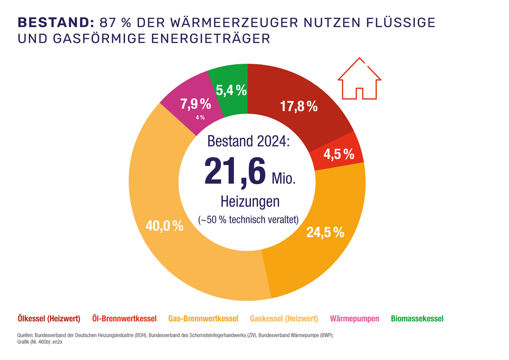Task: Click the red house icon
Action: [359, 79]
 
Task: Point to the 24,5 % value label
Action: [325, 232]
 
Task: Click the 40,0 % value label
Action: [165, 226]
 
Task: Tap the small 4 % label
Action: [200, 118]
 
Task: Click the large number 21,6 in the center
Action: [235, 172]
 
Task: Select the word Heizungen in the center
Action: [250, 201]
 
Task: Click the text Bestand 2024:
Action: [248, 141]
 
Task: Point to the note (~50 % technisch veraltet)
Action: [248, 220]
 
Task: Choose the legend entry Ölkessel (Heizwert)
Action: [49, 319]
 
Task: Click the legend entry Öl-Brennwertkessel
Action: [124, 319]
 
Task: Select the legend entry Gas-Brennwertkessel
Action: [203, 319]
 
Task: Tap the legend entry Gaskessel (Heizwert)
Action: [284, 319]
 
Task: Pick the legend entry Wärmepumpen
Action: [355, 319]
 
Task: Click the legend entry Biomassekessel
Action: [417, 319]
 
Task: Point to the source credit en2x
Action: [57, 342]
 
